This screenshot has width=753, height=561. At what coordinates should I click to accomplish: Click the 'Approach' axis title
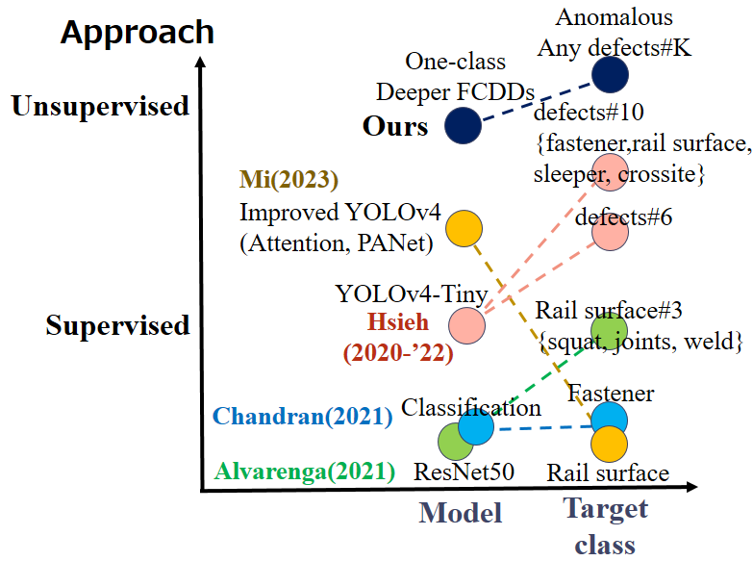pos(138,34)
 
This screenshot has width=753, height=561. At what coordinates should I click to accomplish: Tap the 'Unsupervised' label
pos(100,106)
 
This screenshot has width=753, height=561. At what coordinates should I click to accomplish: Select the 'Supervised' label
pos(117,326)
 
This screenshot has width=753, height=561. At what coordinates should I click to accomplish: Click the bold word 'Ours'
pos(395,126)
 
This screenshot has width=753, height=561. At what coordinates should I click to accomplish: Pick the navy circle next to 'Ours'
pos(463,125)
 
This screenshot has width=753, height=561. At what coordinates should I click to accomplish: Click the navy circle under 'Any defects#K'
pos(610,74)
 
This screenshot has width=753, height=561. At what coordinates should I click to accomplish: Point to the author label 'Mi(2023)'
pos(289,179)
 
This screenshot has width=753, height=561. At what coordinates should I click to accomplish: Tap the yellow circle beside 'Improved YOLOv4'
pos(464,228)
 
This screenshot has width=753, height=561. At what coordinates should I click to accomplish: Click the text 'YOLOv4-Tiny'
pos(412,293)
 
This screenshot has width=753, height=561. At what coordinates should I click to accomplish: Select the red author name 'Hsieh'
pos(397,321)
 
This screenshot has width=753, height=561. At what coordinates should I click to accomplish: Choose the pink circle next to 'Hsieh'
pos(466,325)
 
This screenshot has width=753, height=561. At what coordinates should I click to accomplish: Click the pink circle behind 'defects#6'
pos(610,232)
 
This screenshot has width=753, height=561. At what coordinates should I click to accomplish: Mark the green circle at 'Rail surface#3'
pos(609,331)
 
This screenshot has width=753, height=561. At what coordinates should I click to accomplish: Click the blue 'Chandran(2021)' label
pos(303,417)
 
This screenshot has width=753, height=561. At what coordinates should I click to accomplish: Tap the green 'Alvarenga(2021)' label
pos(305,472)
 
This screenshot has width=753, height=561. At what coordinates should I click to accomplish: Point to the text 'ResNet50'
pos(464,472)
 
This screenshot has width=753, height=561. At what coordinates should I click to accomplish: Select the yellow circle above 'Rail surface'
pos(609,445)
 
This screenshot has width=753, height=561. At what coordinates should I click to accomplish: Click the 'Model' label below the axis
pos(461,513)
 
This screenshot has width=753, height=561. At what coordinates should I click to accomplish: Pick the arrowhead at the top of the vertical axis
pos(201,62)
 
